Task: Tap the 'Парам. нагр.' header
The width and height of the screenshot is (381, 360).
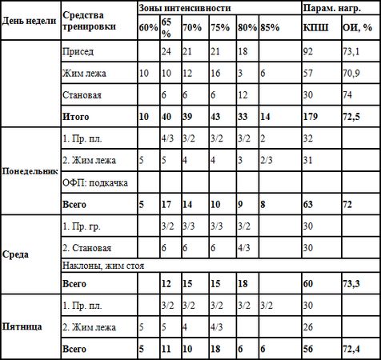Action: coord(330,7)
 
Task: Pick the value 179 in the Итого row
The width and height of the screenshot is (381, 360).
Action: coord(313,116)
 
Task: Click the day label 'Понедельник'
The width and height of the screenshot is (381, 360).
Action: coord(30,171)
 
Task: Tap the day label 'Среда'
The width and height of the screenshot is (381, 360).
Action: coord(16,255)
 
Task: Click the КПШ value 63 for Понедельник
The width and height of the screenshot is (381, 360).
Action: coord(310,204)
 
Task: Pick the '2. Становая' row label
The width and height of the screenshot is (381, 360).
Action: coord(88,248)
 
